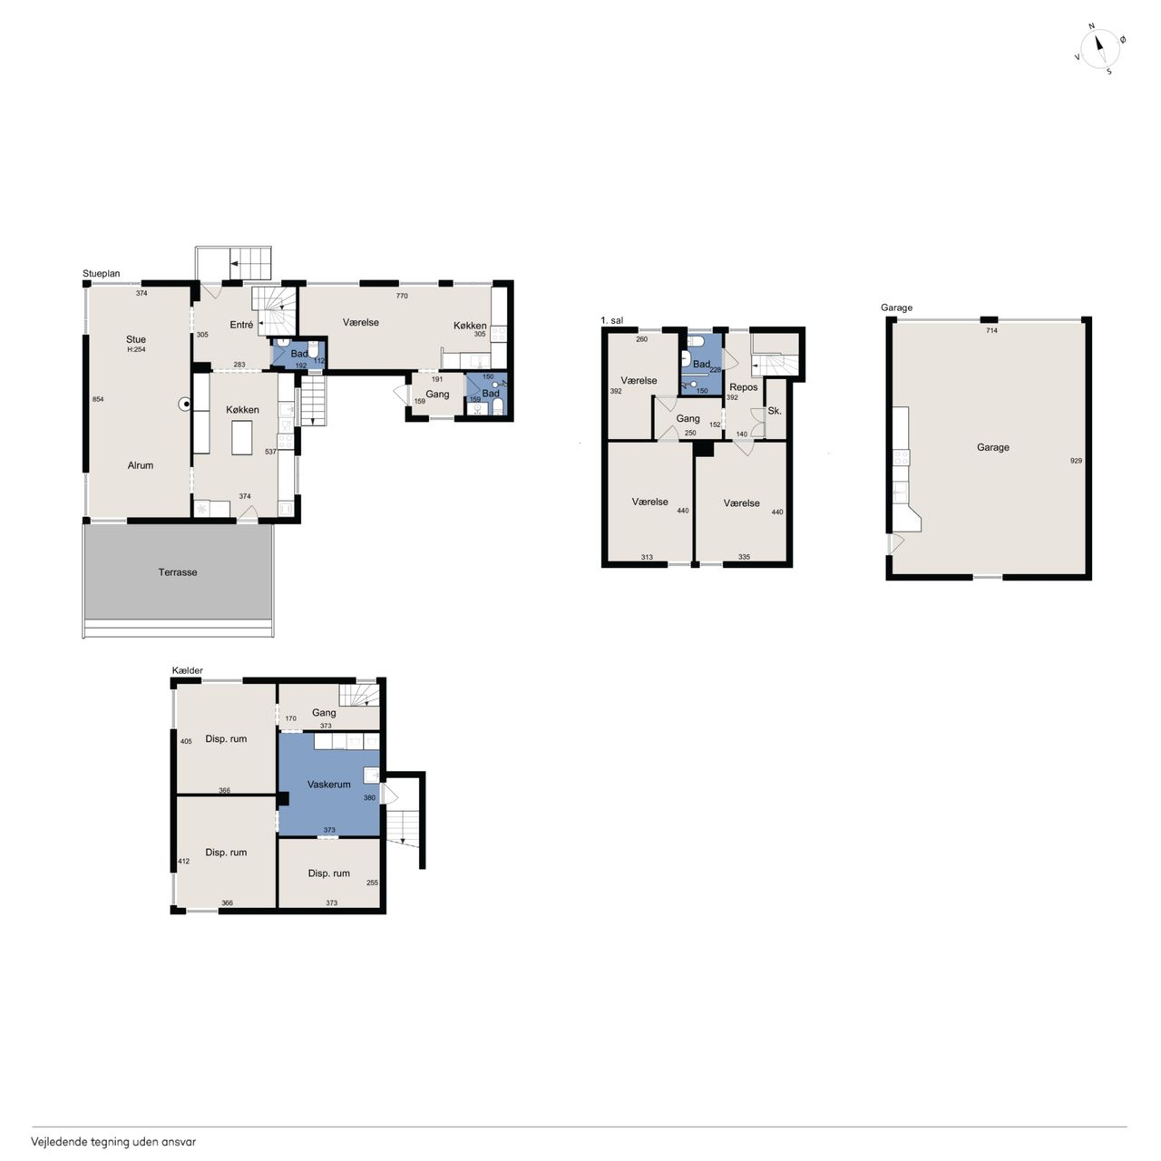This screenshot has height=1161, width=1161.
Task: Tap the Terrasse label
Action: [x=177, y=572]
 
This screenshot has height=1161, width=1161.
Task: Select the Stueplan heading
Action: [x=102, y=274]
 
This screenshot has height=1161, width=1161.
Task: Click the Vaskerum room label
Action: [x=328, y=785]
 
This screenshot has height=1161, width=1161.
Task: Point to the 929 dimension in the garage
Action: [x=1076, y=461]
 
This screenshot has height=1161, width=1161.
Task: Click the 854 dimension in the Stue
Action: [x=98, y=399]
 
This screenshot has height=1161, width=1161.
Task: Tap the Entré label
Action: [x=241, y=325]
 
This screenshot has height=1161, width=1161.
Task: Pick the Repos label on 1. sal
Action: [x=744, y=387]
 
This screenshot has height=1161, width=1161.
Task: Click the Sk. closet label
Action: [x=775, y=411]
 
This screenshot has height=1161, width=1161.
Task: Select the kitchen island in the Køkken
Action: [x=242, y=437]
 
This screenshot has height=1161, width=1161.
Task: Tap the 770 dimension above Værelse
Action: [x=402, y=296]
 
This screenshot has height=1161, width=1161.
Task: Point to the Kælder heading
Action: [x=188, y=670]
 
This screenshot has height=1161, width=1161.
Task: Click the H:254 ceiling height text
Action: [x=136, y=349]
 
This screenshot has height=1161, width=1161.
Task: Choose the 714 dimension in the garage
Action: [x=991, y=330]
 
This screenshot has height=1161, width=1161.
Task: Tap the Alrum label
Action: [x=141, y=465]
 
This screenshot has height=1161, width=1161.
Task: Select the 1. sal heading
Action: [x=612, y=320]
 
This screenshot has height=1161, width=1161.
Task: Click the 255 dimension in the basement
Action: [x=373, y=883]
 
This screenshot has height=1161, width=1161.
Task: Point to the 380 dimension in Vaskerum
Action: [x=369, y=797]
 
